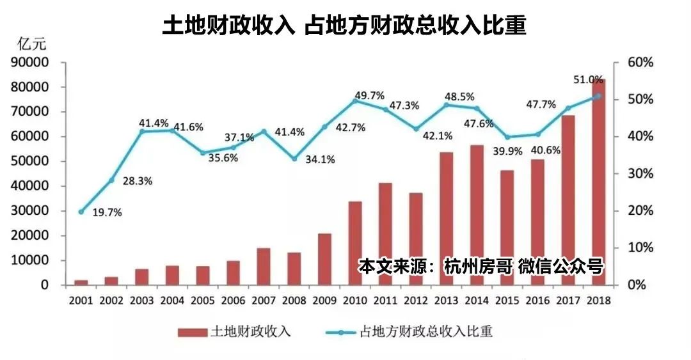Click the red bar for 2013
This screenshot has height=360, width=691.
pyautogui.click(x=447, y=219)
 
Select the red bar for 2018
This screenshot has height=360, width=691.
pyautogui.click(x=599, y=182)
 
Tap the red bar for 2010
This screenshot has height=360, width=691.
pyautogui.click(x=355, y=243)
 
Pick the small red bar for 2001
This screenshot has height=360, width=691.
pyautogui.click(x=81, y=283)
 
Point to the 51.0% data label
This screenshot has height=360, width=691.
pyautogui.click(x=587, y=80)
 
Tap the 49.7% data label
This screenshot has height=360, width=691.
pyautogui.click(x=369, y=96)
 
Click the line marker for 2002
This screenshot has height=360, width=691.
pyautogui.click(x=111, y=180)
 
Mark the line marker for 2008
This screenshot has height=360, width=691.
pyautogui.click(x=294, y=159)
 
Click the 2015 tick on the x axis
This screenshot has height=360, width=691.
pyautogui.click(x=507, y=300)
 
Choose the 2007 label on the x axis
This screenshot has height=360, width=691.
pyautogui.click(x=264, y=300)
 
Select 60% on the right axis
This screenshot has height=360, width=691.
pyautogui.click(x=640, y=63)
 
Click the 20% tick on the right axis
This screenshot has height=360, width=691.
pyautogui.click(x=640, y=211)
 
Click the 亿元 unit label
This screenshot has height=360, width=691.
pyautogui.click(x=28, y=43)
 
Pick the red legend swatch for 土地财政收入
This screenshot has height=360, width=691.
pyautogui.click(x=193, y=331)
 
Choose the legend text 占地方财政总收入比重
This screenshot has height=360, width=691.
pyautogui.click(x=427, y=331)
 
